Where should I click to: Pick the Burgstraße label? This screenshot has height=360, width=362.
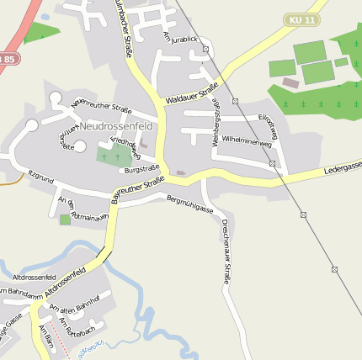[x=141, y=169]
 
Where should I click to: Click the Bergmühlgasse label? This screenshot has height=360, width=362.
[x=191, y=203]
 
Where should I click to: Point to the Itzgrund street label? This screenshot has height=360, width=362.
[x=41, y=177]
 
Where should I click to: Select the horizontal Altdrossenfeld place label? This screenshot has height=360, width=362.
[x=34, y=277]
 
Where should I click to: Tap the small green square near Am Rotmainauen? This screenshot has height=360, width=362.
[x=66, y=220]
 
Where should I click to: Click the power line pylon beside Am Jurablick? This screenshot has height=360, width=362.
[x=205, y=50]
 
